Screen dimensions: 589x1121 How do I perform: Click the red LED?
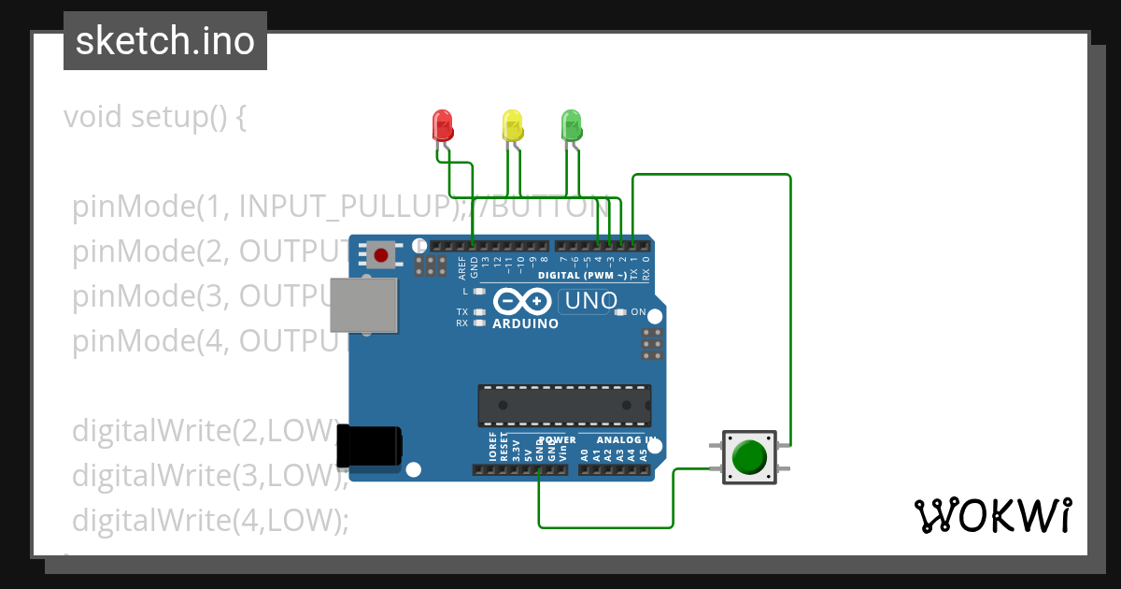(x=442, y=125)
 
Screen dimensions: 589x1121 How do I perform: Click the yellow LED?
(x=512, y=125)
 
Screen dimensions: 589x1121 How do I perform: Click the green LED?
(x=571, y=125)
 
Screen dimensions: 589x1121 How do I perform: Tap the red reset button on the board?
(x=380, y=255)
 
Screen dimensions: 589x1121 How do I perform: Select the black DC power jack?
(x=368, y=446)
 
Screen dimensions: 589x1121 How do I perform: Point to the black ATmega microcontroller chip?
(x=564, y=405)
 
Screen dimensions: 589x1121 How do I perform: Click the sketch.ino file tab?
(x=164, y=41)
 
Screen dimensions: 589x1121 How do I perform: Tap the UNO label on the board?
(x=590, y=301)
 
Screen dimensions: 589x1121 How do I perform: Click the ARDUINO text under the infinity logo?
(x=525, y=324)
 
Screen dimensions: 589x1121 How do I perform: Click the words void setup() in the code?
(x=154, y=118)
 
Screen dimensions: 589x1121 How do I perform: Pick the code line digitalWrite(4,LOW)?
(x=210, y=519)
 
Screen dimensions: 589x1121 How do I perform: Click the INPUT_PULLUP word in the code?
(x=347, y=207)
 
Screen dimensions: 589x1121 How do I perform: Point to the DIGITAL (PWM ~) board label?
(x=581, y=276)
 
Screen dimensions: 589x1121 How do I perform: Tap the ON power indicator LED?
(x=620, y=311)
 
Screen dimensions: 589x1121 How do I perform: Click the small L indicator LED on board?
(x=480, y=291)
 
